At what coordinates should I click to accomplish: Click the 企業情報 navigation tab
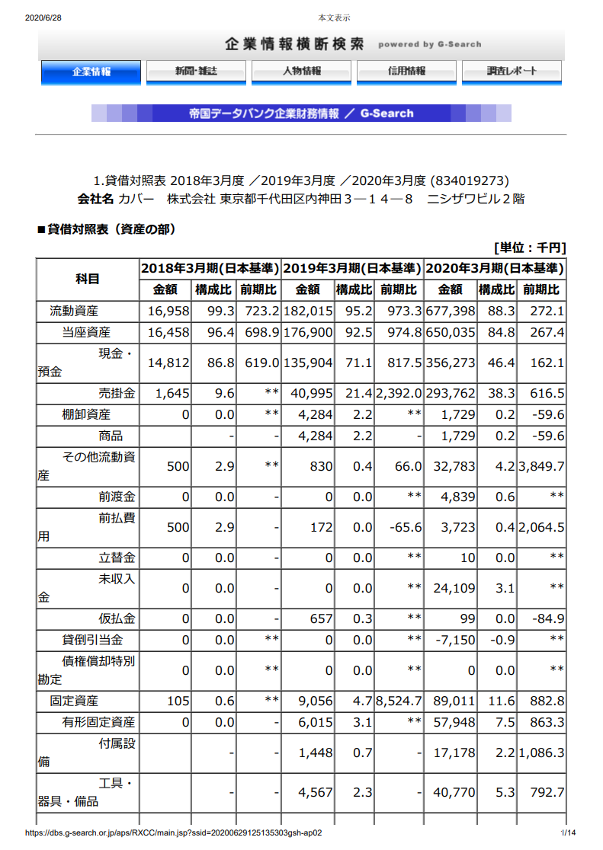click(x=91, y=72)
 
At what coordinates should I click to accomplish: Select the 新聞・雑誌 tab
click(x=196, y=72)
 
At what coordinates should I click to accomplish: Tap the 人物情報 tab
click(x=301, y=72)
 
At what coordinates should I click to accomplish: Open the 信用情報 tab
click(x=406, y=72)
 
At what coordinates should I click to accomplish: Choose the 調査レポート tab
click(x=512, y=72)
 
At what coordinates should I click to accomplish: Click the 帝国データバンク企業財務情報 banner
click(x=301, y=113)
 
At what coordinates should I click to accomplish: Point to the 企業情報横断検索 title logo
click(x=294, y=44)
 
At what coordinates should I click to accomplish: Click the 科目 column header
click(x=88, y=279)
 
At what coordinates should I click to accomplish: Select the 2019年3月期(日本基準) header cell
click(x=352, y=268)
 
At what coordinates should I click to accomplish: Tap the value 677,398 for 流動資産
click(x=451, y=311)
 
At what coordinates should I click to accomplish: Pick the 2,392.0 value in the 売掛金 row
click(x=398, y=393)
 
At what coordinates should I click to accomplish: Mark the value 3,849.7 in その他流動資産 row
click(x=541, y=466)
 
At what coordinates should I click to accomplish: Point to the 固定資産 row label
click(x=74, y=701)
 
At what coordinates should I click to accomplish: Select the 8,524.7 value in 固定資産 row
click(x=398, y=701)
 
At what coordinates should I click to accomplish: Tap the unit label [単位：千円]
click(x=529, y=248)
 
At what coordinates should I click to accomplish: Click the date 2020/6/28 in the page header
click(x=43, y=18)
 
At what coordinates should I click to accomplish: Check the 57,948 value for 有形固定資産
click(x=454, y=722)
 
